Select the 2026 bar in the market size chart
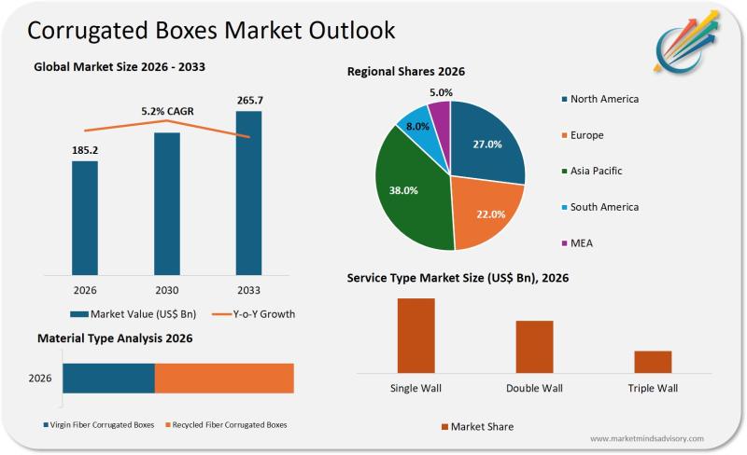pyautogui.click(x=85, y=218)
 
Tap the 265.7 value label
pyautogui.click(x=248, y=100)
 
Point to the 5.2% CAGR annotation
pyautogui.click(x=166, y=111)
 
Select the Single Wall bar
pyautogui.click(x=416, y=336)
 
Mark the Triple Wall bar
pyautogui.click(x=653, y=362)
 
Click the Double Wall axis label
pyautogui.click(x=534, y=388)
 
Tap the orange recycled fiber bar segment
pyautogui.click(x=224, y=379)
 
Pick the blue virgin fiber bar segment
pyautogui.click(x=108, y=379)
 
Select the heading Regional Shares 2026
pyautogui.click(x=406, y=72)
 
